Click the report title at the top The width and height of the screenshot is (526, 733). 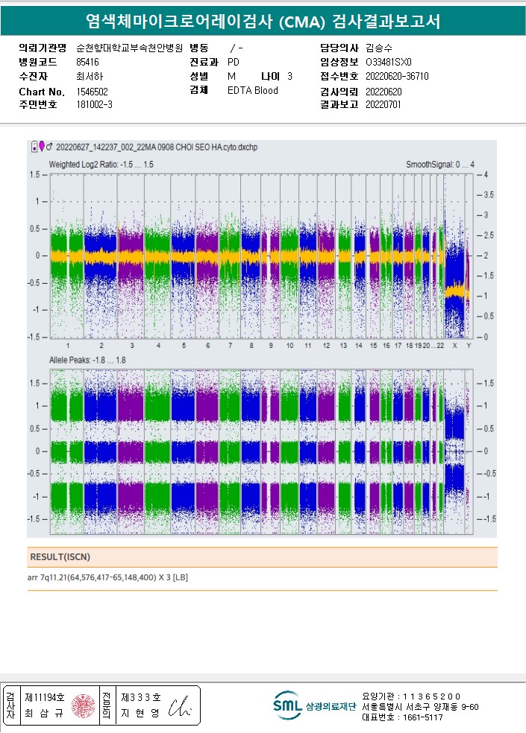(x=263, y=22)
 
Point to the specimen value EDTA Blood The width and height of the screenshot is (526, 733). (x=252, y=91)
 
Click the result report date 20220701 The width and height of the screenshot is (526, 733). (x=383, y=104)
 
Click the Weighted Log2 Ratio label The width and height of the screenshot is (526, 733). (x=101, y=164)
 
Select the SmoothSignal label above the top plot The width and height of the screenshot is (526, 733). (x=440, y=164)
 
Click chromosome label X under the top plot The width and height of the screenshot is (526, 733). (x=454, y=346)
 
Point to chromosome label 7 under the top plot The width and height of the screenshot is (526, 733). (x=230, y=346)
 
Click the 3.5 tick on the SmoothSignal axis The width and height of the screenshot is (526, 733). (x=489, y=194)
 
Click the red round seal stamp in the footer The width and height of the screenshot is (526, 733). (x=83, y=705)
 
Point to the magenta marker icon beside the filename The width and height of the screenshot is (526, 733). (x=42, y=145)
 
